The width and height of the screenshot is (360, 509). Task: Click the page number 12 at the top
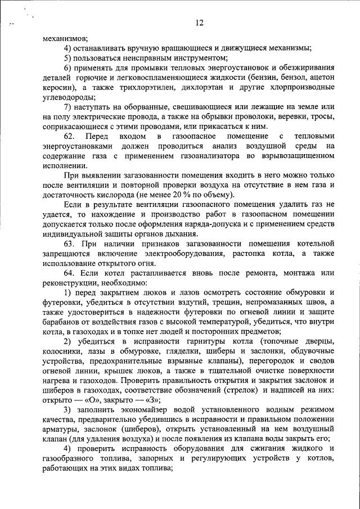pos(197,23)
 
